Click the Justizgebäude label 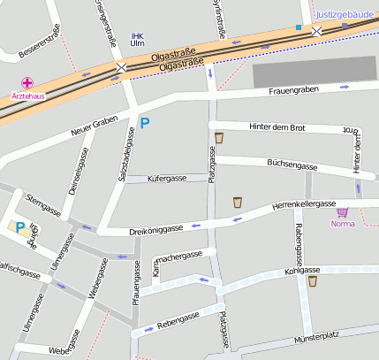pos(347,15)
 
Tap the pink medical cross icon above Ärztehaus pos(27,81)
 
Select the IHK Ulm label pos(136,39)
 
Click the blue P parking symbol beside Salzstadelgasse pos(145,125)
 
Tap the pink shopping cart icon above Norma pos(343,212)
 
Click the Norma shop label pos(343,224)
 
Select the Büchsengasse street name pos(291,165)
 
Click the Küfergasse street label pos(166,179)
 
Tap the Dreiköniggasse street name pos(155,228)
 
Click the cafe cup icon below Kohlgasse pos(313,281)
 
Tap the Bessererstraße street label pos(33,42)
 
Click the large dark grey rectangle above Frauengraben pos(314,71)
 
